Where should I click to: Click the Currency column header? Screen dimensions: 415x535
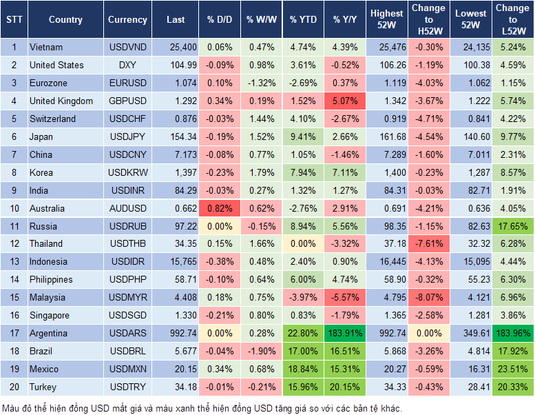click(127, 20)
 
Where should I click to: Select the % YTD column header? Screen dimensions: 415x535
click(304, 20)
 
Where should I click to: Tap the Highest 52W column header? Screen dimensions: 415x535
click(386, 20)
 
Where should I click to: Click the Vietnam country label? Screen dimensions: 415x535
click(46, 48)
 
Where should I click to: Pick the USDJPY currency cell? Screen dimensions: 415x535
click(127, 137)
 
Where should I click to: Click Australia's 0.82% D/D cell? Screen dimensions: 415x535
click(219, 209)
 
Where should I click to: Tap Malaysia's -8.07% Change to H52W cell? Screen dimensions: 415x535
click(429, 298)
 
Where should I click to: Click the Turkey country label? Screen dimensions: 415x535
click(42, 387)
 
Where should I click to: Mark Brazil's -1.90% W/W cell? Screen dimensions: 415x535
click(260, 352)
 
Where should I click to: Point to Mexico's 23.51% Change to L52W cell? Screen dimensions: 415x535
click(513, 370)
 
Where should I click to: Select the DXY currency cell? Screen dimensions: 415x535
click(127, 65)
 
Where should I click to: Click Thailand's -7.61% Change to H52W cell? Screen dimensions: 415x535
click(429, 244)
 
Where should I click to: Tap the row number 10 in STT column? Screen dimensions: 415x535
click(14, 209)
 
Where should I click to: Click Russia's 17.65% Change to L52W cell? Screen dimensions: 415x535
click(513, 227)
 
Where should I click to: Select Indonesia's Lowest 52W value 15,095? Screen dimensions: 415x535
click(471, 262)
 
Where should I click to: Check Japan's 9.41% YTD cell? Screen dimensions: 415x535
click(304, 137)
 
